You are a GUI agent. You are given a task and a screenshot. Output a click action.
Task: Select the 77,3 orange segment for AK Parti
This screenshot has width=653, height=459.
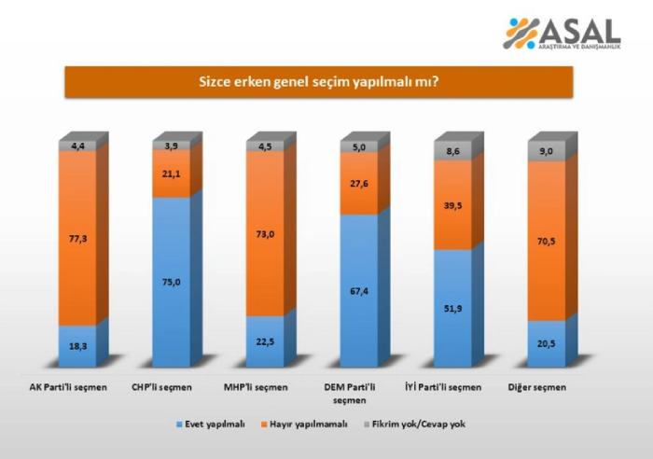[77, 239]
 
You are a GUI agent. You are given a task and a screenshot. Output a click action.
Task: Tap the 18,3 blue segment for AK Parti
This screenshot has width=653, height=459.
[77, 345]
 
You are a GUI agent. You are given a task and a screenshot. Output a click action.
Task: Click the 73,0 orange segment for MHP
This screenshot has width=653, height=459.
[265, 233]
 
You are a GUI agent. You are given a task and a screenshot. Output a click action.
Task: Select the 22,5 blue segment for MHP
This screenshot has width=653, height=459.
[265, 341]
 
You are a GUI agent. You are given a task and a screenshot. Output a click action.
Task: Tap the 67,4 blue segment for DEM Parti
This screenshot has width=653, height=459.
[359, 290]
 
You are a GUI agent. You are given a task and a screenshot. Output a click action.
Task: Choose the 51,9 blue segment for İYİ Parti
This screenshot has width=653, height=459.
[453, 308]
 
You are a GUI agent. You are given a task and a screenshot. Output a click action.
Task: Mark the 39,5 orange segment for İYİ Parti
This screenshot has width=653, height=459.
[453, 206]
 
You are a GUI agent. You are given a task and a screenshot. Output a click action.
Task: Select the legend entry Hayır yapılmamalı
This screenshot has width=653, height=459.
[307, 424]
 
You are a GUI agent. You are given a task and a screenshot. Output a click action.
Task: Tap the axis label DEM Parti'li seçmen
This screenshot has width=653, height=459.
[359, 393]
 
